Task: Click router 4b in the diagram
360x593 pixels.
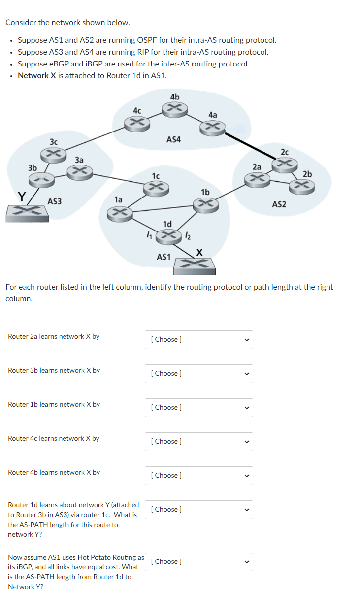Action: point(175,109)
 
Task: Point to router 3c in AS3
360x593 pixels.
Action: point(53,155)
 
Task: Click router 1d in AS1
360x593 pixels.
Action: point(168,236)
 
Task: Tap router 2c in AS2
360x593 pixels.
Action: point(284,164)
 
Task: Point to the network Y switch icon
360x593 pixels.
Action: point(27,212)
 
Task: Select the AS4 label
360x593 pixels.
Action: point(173,140)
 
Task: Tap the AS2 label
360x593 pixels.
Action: point(279,204)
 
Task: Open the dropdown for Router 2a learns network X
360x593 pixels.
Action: point(198,339)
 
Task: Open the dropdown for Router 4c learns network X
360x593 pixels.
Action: point(198,441)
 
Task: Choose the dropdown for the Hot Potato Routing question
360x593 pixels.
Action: point(198,561)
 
